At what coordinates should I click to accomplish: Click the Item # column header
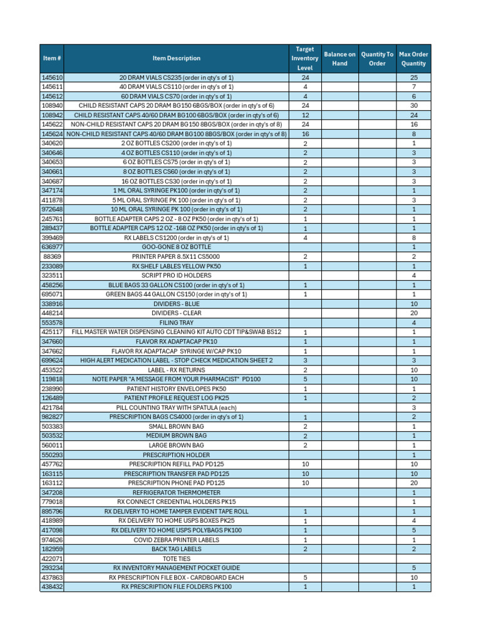[x=52, y=58]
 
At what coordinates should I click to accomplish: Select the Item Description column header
[x=177, y=58]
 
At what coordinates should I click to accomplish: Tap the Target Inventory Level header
[x=305, y=58]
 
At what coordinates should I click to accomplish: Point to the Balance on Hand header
[x=339, y=58]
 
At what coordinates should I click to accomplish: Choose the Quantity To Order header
[x=377, y=58]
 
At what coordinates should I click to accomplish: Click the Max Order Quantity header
[x=413, y=58]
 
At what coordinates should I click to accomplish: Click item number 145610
[x=52, y=77]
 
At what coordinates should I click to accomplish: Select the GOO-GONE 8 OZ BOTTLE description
[x=177, y=247]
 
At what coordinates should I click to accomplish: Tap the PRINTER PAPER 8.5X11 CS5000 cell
[x=177, y=256]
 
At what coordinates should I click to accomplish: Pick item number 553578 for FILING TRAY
[x=52, y=322]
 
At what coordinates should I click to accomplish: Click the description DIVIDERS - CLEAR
[x=177, y=313]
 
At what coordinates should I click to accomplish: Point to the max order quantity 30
[x=413, y=105]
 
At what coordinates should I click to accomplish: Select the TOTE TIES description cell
[x=177, y=558]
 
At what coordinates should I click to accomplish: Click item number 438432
[x=52, y=587]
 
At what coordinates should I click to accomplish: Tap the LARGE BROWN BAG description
[x=177, y=445]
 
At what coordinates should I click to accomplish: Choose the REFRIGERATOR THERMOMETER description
[x=177, y=493]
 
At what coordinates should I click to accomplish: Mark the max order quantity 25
[x=413, y=77]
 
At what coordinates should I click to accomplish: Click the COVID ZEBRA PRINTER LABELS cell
[x=177, y=540]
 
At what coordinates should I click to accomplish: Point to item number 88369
[x=52, y=256]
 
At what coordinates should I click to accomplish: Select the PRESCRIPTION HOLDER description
[x=177, y=455]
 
